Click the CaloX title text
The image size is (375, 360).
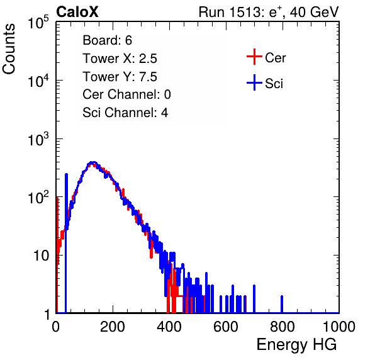(x=77, y=12)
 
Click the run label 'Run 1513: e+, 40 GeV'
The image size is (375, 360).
(x=269, y=12)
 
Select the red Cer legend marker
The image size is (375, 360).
(x=254, y=57)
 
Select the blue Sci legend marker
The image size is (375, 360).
(x=254, y=82)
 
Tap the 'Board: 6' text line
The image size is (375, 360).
(x=107, y=40)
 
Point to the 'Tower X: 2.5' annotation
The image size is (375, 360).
(x=120, y=59)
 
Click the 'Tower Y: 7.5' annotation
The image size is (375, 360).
(x=120, y=77)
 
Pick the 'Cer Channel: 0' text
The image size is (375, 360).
(x=126, y=94)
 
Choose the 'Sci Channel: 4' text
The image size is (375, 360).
(x=125, y=113)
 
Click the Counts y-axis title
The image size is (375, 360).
(x=9, y=49)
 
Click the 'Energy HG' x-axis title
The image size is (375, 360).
(x=296, y=345)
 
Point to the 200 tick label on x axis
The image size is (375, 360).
(x=113, y=327)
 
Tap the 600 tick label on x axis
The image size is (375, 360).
(x=226, y=327)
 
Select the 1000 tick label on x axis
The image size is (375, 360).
(x=339, y=327)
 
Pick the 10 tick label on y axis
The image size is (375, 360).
(x=41, y=256)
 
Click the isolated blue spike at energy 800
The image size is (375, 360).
(x=282, y=304)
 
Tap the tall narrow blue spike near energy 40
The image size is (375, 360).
(x=66, y=243)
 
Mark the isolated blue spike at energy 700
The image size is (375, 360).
(x=254, y=299)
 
